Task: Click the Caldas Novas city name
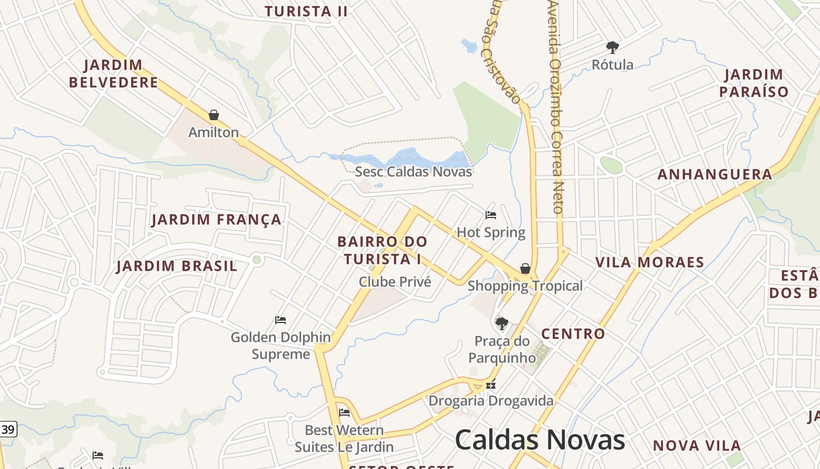539,440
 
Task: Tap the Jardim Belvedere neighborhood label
114,73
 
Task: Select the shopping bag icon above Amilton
214,115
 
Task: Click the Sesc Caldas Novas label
414,172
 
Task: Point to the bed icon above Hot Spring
491,215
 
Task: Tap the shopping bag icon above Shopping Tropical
525,269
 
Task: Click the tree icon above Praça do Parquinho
501,323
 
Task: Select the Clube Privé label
395,282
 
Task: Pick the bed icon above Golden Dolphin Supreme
281,320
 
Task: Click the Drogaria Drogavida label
491,401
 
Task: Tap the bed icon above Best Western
344,413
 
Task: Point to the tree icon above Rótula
613,47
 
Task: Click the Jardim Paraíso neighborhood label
754,83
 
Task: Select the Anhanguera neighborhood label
715,174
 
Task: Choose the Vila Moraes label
650,262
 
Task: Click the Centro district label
573,334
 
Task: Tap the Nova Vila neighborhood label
697,446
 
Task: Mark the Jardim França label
217,220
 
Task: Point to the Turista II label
306,11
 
